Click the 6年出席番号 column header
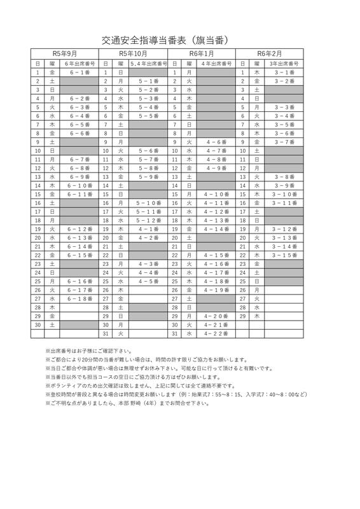[79, 64]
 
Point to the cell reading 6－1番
[79, 73]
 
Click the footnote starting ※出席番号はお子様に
[89, 351]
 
